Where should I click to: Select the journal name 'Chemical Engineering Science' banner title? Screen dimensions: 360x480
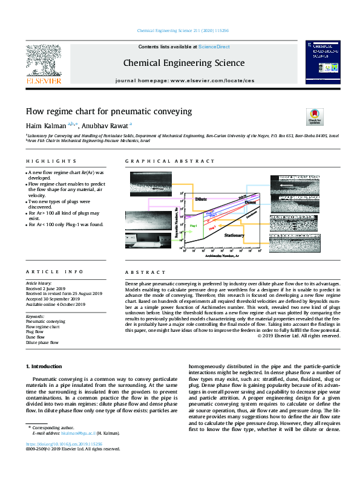click(x=184, y=62)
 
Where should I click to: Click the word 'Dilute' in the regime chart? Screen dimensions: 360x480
click(x=202, y=198)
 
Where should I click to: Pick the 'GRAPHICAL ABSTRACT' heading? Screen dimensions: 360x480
click(x=169, y=161)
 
